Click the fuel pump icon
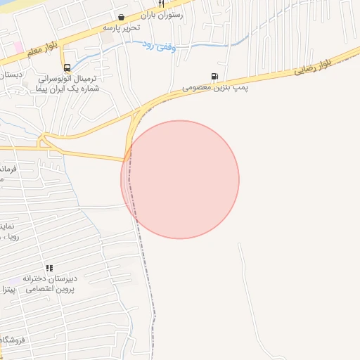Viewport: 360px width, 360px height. pyautogui.click(x=213, y=77)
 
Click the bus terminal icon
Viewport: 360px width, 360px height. pyautogui.click(x=67, y=68)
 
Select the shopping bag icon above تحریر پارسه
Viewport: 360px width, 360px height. pyautogui.click(x=122, y=17)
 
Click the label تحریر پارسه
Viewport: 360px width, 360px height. pyautogui.click(x=122, y=27)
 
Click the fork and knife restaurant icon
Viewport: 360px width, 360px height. pyautogui.click(x=161, y=4)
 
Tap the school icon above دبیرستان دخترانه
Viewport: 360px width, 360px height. pyautogui.click(x=49, y=268)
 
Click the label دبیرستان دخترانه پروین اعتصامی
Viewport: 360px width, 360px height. pyautogui.click(x=48, y=283)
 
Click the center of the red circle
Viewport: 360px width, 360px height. pyautogui.click(x=180, y=179)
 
